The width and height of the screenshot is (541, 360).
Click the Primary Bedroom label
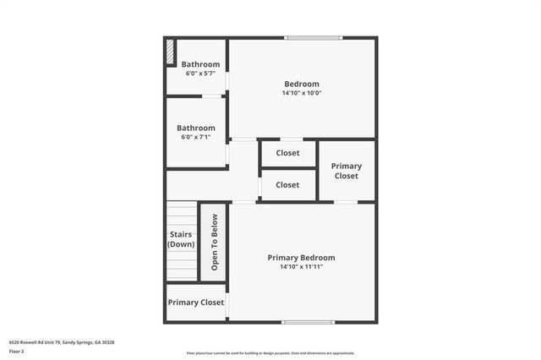pos(301,258)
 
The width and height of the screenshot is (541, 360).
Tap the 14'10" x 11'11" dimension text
pos(301,267)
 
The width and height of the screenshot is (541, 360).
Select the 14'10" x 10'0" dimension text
pos(301,93)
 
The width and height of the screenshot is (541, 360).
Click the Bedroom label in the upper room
pos(301,84)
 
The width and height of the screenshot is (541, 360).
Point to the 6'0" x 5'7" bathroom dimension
pos(200,74)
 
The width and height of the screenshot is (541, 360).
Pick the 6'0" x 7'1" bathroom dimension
pos(195,137)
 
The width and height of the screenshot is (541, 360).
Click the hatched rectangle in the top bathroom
pos(170,52)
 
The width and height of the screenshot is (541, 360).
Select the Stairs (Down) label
pos(181,239)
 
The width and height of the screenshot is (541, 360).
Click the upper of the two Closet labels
pos(287,153)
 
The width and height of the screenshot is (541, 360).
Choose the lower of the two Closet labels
pos(287,185)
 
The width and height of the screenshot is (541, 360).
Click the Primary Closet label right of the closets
pos(346,171)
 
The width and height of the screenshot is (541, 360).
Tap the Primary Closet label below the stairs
pos(195,302)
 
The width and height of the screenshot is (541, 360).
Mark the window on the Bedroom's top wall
pos(313,37)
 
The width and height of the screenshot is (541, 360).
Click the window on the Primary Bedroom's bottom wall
pos(308,321)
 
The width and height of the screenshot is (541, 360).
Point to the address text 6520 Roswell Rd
pos(61,342)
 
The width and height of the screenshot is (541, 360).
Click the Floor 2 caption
pos(17,352)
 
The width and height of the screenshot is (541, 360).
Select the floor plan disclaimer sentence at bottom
pos(270,353)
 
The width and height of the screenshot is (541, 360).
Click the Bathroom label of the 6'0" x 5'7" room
pos(200,65)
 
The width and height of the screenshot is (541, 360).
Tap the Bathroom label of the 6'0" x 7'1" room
pos(195,128)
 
